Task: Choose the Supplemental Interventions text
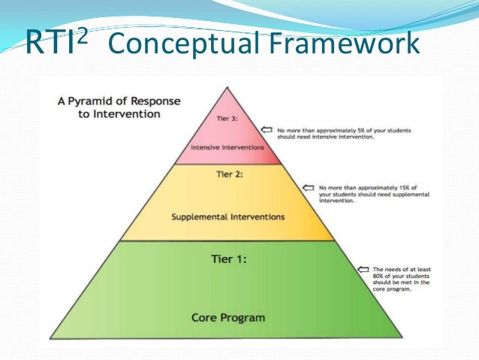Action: point(227,217)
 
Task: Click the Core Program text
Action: point(227,318)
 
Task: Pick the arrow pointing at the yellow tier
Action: point(306,186)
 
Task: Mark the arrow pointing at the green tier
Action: point(363,268)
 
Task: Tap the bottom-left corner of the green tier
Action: point(50,338)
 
